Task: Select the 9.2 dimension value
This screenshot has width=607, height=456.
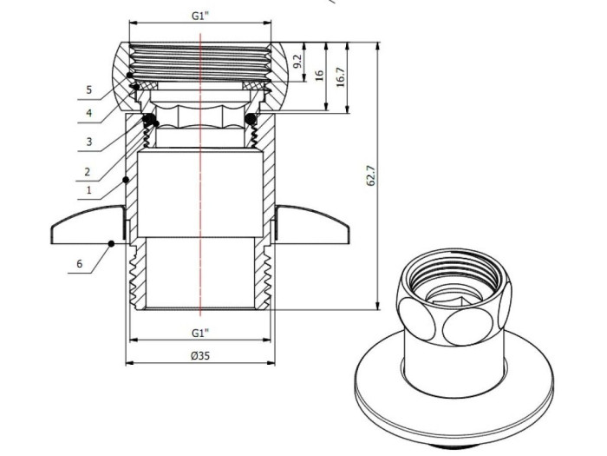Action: coord(297,62)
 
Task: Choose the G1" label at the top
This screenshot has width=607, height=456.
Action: coord(200,16)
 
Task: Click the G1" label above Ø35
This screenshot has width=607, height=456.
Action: coord(200,333)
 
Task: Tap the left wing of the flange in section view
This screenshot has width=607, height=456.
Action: coord(87,225)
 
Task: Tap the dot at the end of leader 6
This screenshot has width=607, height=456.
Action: coord(111,243)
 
